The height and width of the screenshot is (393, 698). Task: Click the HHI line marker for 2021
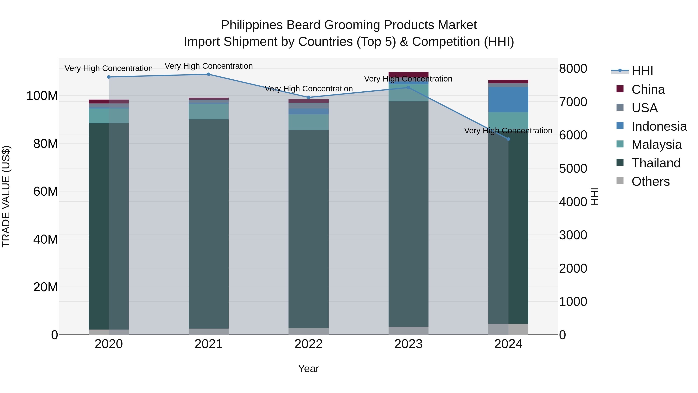click(209, 74)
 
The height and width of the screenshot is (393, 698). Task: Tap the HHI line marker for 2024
click(508, 139)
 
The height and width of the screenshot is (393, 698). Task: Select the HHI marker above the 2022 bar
click(308, 97)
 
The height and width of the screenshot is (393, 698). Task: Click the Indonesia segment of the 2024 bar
click(508, 100)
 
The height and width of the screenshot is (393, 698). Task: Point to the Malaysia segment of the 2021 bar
click(209, 111)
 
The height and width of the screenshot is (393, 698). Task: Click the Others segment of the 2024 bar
click(508, 329)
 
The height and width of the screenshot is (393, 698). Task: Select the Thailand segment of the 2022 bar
click(308, 229)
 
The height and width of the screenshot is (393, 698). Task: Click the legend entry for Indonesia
click(659, 126)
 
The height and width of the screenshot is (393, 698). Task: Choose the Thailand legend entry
click(656, 163)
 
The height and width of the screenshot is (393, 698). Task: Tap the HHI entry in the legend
click(642, 71)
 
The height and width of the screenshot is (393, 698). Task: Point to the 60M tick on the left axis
click(46, 192)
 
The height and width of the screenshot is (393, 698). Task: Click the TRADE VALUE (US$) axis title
click(6, 196)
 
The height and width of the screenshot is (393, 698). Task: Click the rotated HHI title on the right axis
click(594, 196)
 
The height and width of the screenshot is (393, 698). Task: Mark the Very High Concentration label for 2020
click(109, 68)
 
